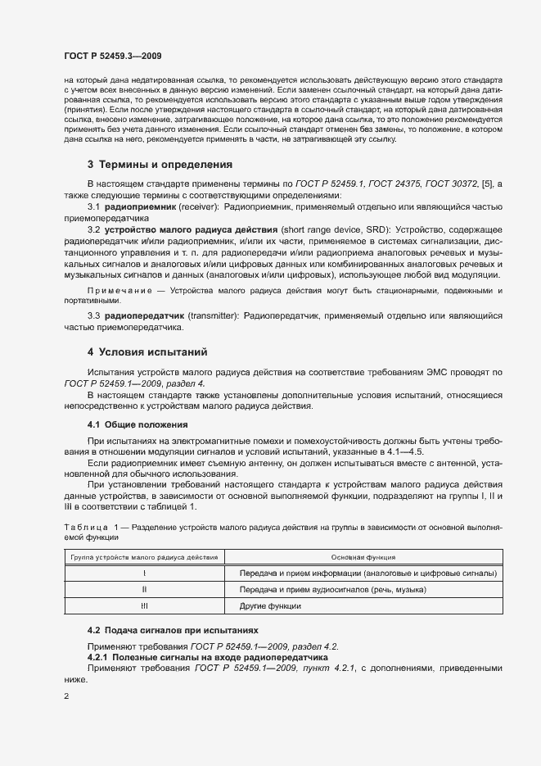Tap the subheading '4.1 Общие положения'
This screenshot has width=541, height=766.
coord(138,424)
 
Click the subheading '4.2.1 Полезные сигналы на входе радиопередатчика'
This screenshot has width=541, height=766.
coord(207,657)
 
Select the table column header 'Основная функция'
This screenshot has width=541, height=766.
coord(364,556)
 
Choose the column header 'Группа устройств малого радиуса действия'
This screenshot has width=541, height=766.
coord(144,556)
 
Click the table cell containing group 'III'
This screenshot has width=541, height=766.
coord(144,606)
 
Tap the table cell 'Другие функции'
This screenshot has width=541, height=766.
coord(270,606)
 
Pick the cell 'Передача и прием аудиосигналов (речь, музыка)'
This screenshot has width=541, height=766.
coord(333,589)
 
